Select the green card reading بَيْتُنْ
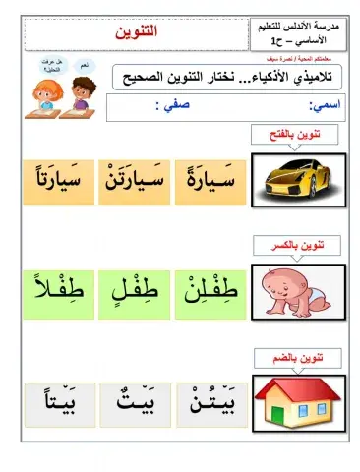pos(209,400)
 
